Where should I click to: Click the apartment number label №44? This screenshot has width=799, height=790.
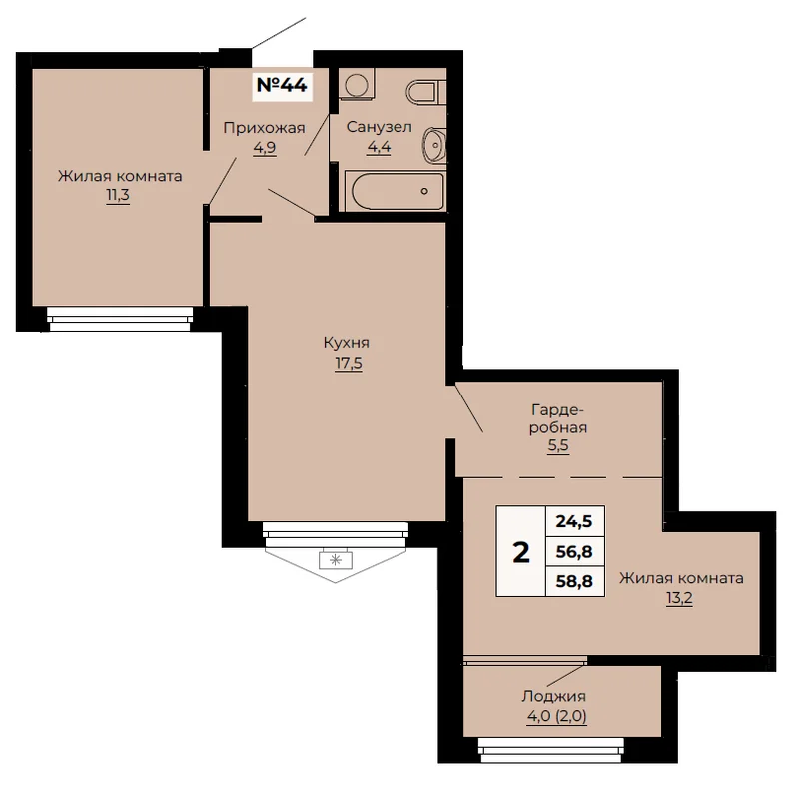282,85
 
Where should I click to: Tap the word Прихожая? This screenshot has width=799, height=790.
264,129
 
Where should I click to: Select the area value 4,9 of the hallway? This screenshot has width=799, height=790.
265,148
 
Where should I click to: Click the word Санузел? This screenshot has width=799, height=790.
379,127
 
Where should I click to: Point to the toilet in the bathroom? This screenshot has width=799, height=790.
426,92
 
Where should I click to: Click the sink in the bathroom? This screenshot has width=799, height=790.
434,145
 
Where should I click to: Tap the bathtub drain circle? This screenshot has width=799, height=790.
424,191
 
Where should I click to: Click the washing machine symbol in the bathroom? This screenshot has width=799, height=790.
358,84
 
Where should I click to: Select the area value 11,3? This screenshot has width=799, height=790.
118,195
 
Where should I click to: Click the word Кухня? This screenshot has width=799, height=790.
346,343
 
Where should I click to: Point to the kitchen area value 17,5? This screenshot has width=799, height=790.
348,363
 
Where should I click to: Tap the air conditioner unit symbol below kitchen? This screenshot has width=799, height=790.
336,559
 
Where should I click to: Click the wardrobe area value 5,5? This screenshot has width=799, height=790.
558,445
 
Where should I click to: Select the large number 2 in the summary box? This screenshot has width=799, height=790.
521,552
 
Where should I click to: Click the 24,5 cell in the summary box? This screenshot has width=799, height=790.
574,521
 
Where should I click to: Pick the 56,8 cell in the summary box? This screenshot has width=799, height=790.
574,551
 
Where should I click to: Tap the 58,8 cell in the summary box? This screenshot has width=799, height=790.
574,581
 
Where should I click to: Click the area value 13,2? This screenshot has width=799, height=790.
679,598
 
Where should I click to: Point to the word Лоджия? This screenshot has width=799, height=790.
554,697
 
